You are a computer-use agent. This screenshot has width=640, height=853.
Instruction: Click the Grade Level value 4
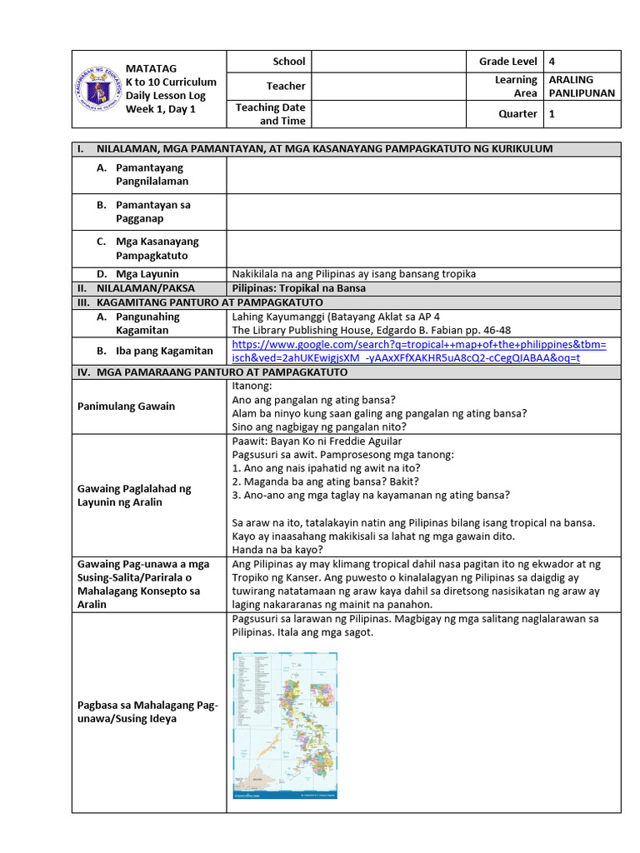click(552, 61)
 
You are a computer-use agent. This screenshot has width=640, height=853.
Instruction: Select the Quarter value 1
click(552, 114)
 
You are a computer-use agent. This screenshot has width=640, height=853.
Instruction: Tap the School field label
click(289, 61)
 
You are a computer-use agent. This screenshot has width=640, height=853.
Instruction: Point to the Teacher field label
click(286, 86)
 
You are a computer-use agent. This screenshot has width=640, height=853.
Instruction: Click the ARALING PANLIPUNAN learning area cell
click(582, 86)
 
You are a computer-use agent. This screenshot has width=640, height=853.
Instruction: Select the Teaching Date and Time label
click(271, 114)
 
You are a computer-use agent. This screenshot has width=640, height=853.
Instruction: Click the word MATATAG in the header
click(151, 67)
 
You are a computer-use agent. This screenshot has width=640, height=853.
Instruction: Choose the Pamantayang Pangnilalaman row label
click(152, 174)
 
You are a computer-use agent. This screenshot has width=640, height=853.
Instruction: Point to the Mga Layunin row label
click(147, 274)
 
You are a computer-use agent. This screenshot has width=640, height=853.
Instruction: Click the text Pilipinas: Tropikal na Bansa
click(299, 288)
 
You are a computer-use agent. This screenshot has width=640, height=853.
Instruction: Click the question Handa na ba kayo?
click(277, 550)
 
